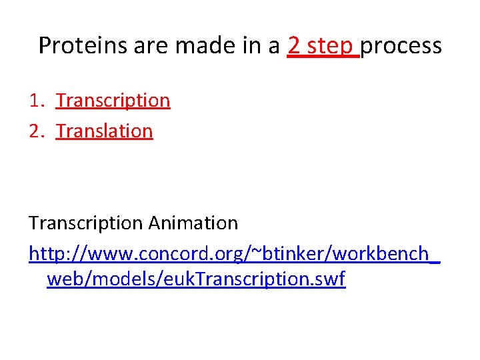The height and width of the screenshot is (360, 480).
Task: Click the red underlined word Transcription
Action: pos(113,101)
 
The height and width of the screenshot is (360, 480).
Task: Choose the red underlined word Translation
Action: pos(105,131)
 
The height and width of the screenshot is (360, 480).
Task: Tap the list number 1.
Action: pos(35,101)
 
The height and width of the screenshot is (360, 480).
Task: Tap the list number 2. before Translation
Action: pos(35,131)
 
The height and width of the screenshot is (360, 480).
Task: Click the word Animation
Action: pos(193,223)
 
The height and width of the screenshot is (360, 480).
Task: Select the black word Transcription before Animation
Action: pos(86,223)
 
